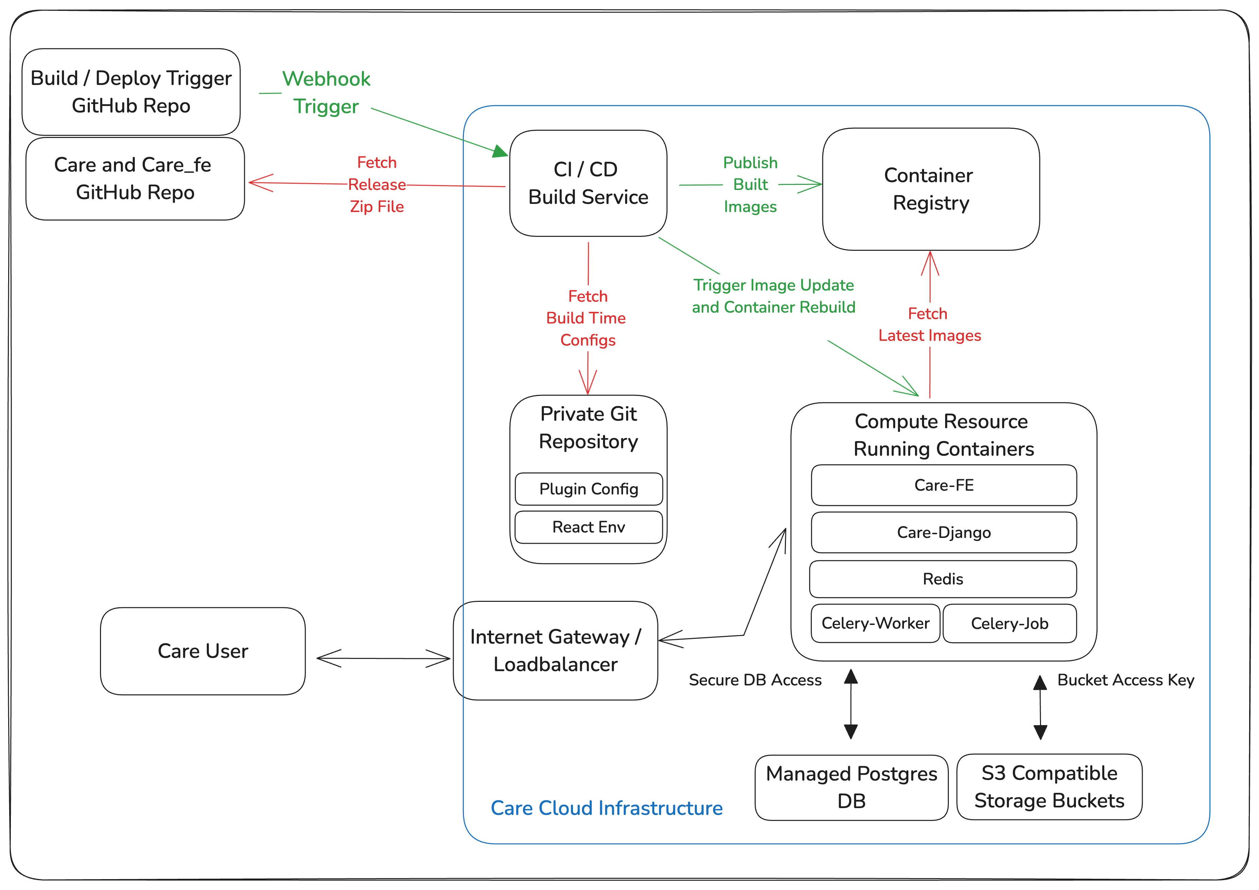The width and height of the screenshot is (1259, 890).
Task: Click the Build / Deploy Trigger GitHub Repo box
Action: coord(131,92)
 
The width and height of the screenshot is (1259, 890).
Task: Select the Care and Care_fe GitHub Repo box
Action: coord(135,179)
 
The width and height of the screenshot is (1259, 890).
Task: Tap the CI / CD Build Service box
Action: coord(588,183)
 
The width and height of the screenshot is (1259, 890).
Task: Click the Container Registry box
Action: coord(930,189)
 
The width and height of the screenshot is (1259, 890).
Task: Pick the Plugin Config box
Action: coord(588,489)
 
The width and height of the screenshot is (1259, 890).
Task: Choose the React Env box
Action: coord(588,527)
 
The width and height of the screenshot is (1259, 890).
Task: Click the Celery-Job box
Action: coord(1009,623)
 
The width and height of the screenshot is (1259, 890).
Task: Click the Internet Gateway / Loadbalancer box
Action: coord(555,650)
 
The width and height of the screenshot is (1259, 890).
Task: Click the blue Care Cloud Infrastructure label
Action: coord(606,808)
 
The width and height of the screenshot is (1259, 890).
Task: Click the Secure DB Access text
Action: coord(755,680)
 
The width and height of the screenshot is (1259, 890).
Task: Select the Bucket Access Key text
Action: coord(1125,680)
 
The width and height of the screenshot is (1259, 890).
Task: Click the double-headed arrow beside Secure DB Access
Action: coord(851,704)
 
